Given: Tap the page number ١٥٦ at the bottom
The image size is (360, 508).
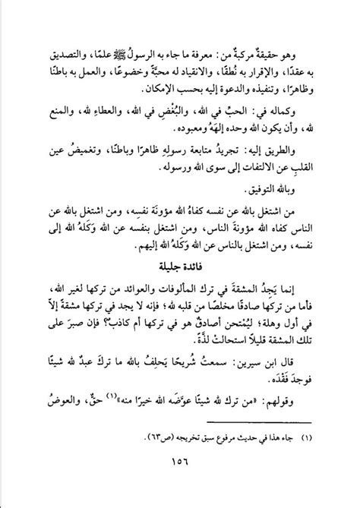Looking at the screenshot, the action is (180, 481).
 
